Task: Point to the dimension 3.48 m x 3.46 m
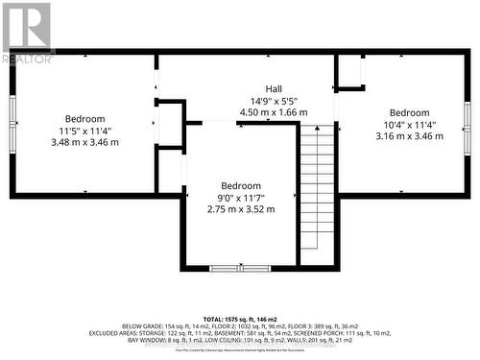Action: click(84, 142)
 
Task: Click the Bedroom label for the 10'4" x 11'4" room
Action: click(409, 111)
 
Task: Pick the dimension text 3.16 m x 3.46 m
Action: click(409, 136)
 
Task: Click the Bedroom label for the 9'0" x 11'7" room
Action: click(241, 185)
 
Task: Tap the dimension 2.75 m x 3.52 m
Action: click(241, 209)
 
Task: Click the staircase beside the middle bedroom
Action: click(317, 192)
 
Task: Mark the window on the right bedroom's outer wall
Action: click(467, 124)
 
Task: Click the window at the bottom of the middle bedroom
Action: click(240, 268)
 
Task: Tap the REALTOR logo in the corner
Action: click(27, 33)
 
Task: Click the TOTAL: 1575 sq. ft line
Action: click(239, 317)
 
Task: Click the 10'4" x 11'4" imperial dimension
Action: click(409, 124)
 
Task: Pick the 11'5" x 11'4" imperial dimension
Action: click(84, 131)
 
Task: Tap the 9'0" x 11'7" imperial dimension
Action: click(241, 198)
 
